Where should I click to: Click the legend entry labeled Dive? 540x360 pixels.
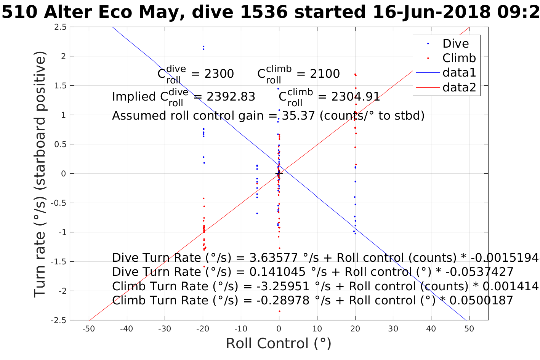click(x=455, y=43)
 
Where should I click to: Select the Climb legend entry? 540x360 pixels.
click(x=459, y=58)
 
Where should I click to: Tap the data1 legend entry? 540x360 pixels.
click(x=459, y=72)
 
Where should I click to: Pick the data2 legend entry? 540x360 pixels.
click(x=459, y=87)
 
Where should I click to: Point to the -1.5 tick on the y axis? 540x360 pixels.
click(x=58, y=262)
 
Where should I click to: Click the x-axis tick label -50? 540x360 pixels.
click(x=88, y=329)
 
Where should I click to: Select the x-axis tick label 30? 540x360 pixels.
click(x=393, y=329)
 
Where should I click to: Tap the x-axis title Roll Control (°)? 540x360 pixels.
click(x=279, y=343)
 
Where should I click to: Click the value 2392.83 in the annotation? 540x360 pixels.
click(x=231, y=97)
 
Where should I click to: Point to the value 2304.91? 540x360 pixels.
click(x=356, y=97)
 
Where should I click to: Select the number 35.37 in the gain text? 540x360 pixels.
click(x=298, y=115)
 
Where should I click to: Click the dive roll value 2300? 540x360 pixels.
click(x=219, y=74)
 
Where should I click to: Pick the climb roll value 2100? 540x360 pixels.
click(x=325, y=74)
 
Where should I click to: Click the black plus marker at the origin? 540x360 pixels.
click(x=279, y=174)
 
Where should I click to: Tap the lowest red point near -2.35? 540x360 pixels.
click(x=279, y=311)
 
